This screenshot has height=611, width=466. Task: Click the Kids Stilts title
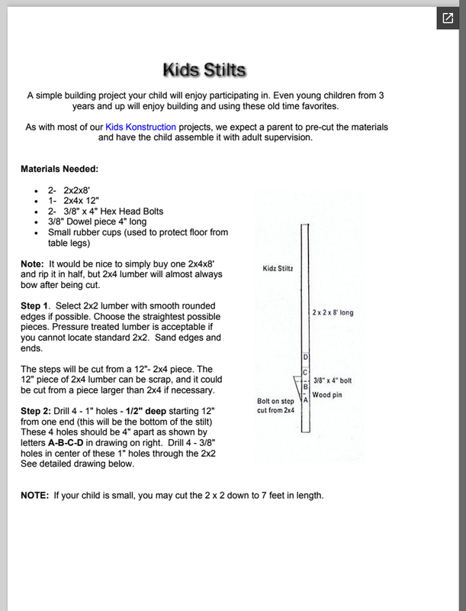204,70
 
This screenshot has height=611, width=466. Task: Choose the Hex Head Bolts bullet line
105,211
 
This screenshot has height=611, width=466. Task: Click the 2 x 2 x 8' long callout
333,312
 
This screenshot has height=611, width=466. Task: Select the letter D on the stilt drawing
306,357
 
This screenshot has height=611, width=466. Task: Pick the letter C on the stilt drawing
306,372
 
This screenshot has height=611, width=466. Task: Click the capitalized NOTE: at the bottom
34,495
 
